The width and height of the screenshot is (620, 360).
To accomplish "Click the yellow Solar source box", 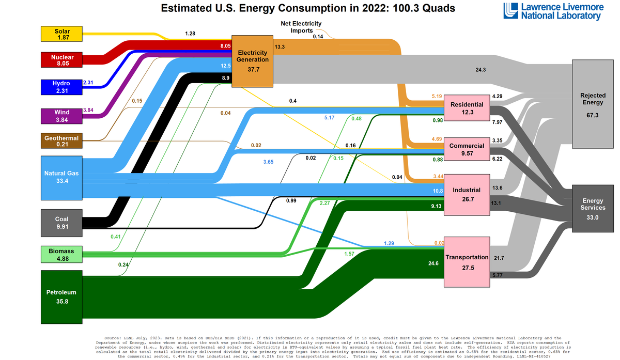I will pos(62,34).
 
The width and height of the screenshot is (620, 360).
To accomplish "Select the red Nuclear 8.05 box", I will pos(62,60).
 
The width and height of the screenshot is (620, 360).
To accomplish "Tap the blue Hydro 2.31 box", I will pos(62,87).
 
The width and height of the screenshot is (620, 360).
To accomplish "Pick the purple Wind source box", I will pos(62,116).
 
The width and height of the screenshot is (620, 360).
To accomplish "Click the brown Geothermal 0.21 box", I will pos(62,142).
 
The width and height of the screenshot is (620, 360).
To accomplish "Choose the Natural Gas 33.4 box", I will pos(62,177).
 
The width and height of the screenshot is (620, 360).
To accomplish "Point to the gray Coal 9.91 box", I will pos(62,223).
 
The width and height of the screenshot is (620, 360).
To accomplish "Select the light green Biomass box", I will pos(62,255).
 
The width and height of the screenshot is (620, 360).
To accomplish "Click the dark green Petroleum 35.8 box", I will pos(62,297).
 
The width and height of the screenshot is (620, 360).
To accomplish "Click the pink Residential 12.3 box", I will pos(467,108).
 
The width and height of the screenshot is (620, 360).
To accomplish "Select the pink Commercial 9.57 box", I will pos(467,149).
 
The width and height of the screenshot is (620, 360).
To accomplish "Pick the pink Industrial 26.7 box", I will pos(467,194).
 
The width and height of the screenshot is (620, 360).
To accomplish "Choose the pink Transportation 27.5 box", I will pos(467,262).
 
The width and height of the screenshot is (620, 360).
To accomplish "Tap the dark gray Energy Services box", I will pos(593,208).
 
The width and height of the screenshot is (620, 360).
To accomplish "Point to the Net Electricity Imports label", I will pos(301,27).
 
